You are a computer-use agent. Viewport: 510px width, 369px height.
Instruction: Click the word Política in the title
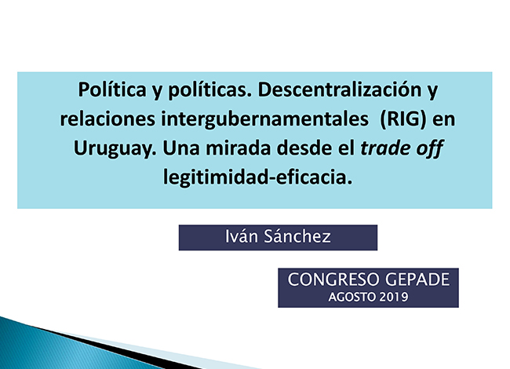tap(112, 90)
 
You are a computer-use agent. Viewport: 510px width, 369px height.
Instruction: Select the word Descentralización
tap(340, 90)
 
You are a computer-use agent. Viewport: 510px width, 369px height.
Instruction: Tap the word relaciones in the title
tap(107, 119)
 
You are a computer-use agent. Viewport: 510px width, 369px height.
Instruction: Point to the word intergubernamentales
tap(264, 120)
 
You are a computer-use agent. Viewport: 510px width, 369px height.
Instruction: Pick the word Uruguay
tap(115, 149)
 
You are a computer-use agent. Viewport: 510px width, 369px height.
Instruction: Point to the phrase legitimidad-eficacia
tap(257, 177)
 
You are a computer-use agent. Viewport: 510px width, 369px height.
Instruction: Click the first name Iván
tap(242, 236)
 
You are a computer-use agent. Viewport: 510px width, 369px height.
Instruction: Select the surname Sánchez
tap(297, 236)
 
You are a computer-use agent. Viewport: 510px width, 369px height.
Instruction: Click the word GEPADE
tap(417, 279)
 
